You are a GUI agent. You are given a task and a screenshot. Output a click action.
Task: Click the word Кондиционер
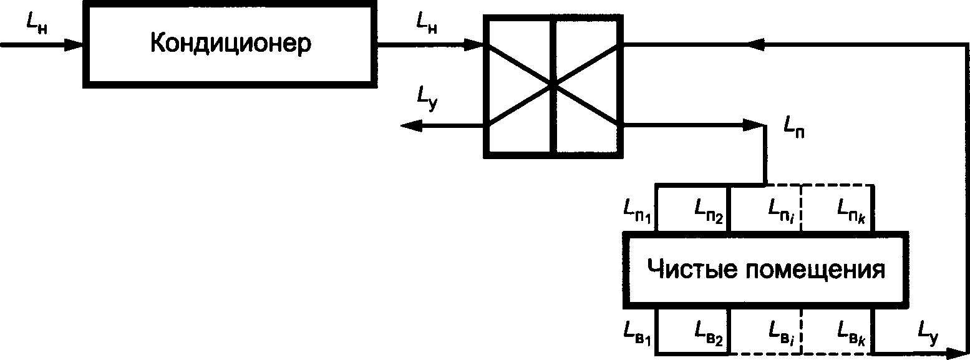click(231, 43)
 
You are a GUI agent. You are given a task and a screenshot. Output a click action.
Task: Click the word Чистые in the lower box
click(691, 270)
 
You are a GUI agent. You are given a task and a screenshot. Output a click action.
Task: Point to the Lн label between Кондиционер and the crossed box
click(427, 24)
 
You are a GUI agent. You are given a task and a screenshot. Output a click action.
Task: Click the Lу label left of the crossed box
click(427, 99)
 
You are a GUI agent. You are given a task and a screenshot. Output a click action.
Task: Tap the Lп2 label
click(709, 212)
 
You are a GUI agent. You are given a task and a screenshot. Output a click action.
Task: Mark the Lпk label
click(851, 211)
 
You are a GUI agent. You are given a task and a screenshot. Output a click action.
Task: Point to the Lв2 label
click(709, 334)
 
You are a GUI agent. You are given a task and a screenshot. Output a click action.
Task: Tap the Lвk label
click(851, 334)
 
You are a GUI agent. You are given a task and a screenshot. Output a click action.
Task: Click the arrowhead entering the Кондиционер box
click(74, 44)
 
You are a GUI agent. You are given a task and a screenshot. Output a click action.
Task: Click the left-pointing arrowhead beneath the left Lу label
click(411, 126)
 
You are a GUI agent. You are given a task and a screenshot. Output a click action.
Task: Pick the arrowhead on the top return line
click(755, 44)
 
